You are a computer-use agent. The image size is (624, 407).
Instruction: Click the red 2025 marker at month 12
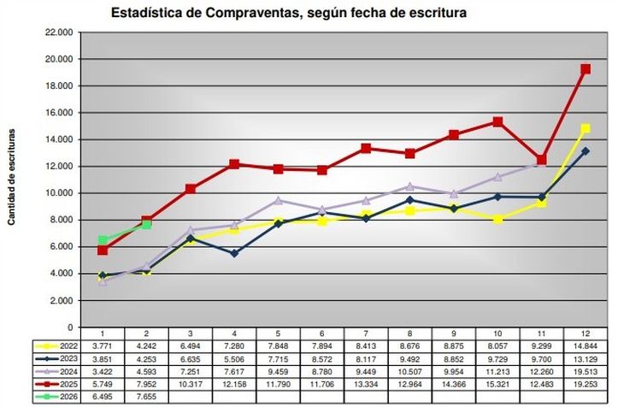click(586, 69)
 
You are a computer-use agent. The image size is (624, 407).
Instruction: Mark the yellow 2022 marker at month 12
click(586, 128)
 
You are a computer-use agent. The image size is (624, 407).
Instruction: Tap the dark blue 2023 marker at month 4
click(235, 253)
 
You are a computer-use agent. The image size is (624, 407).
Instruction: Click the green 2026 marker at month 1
click(103, 240)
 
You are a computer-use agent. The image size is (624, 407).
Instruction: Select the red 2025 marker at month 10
click(497, 122)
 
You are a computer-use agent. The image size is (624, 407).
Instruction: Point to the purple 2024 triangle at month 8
click(409, 186)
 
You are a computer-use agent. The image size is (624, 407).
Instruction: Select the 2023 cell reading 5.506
click(234, 359)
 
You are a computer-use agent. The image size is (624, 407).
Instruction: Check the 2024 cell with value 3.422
click(103, 373)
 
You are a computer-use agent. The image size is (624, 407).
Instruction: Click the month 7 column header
click(365, 333)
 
